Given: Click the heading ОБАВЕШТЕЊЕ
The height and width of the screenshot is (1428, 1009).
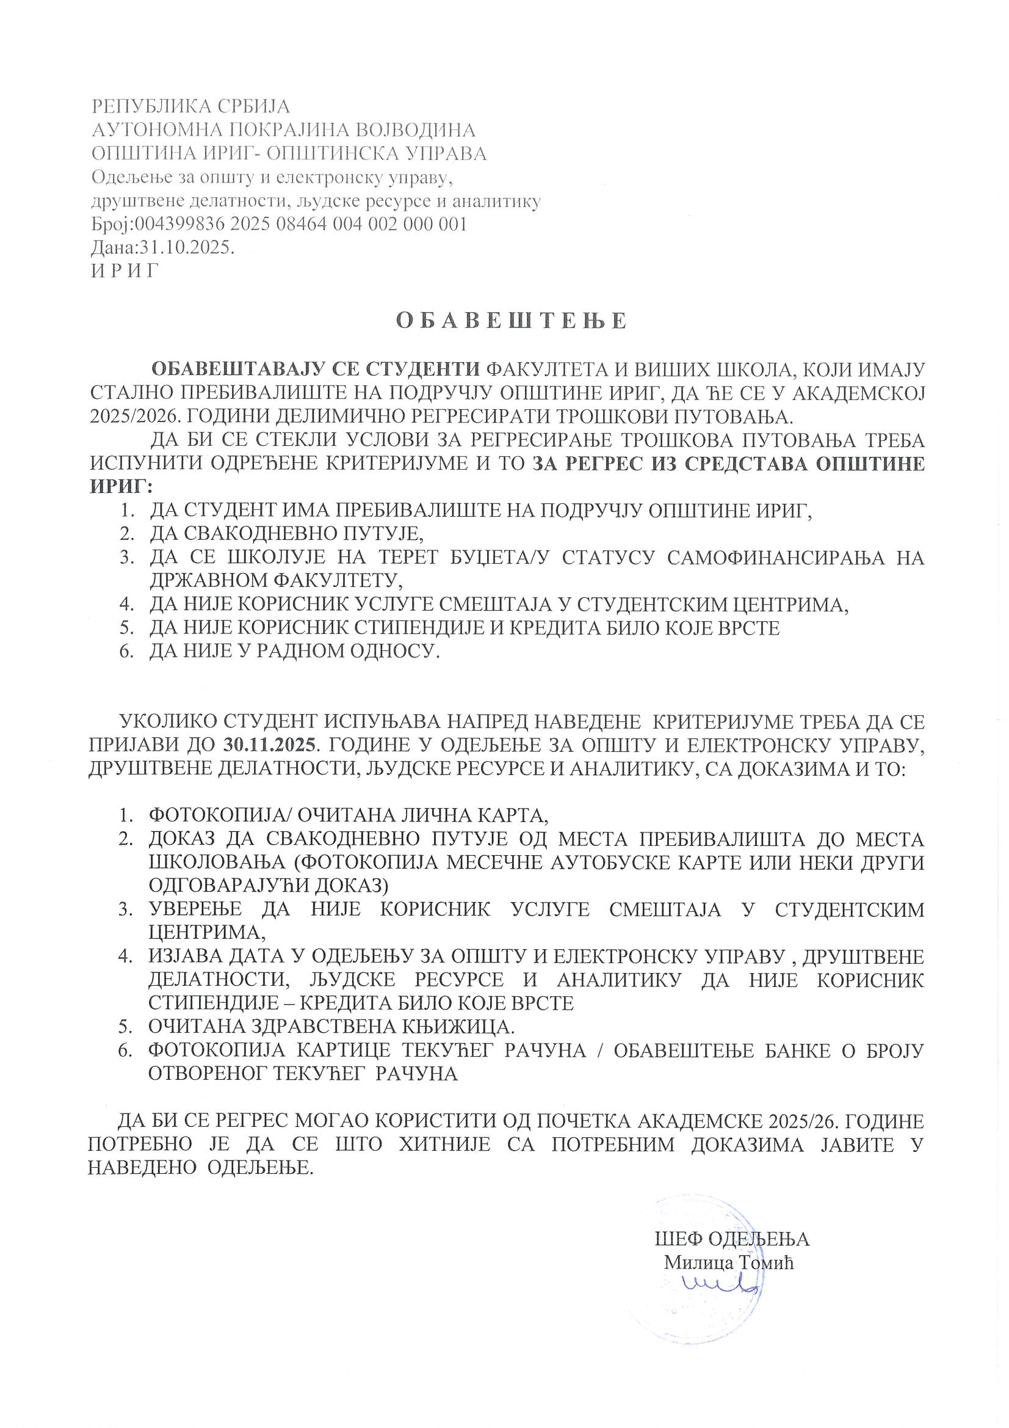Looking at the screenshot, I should (x=511, y=321).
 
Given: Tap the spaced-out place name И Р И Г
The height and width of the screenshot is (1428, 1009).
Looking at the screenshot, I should (x=125, y=271).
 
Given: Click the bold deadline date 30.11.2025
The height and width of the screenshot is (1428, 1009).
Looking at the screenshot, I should (x=269, y=745).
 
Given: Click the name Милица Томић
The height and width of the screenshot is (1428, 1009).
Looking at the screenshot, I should (x=729, y=1262).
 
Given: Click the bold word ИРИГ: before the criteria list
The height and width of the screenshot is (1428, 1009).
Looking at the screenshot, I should (x=121, y=486).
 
